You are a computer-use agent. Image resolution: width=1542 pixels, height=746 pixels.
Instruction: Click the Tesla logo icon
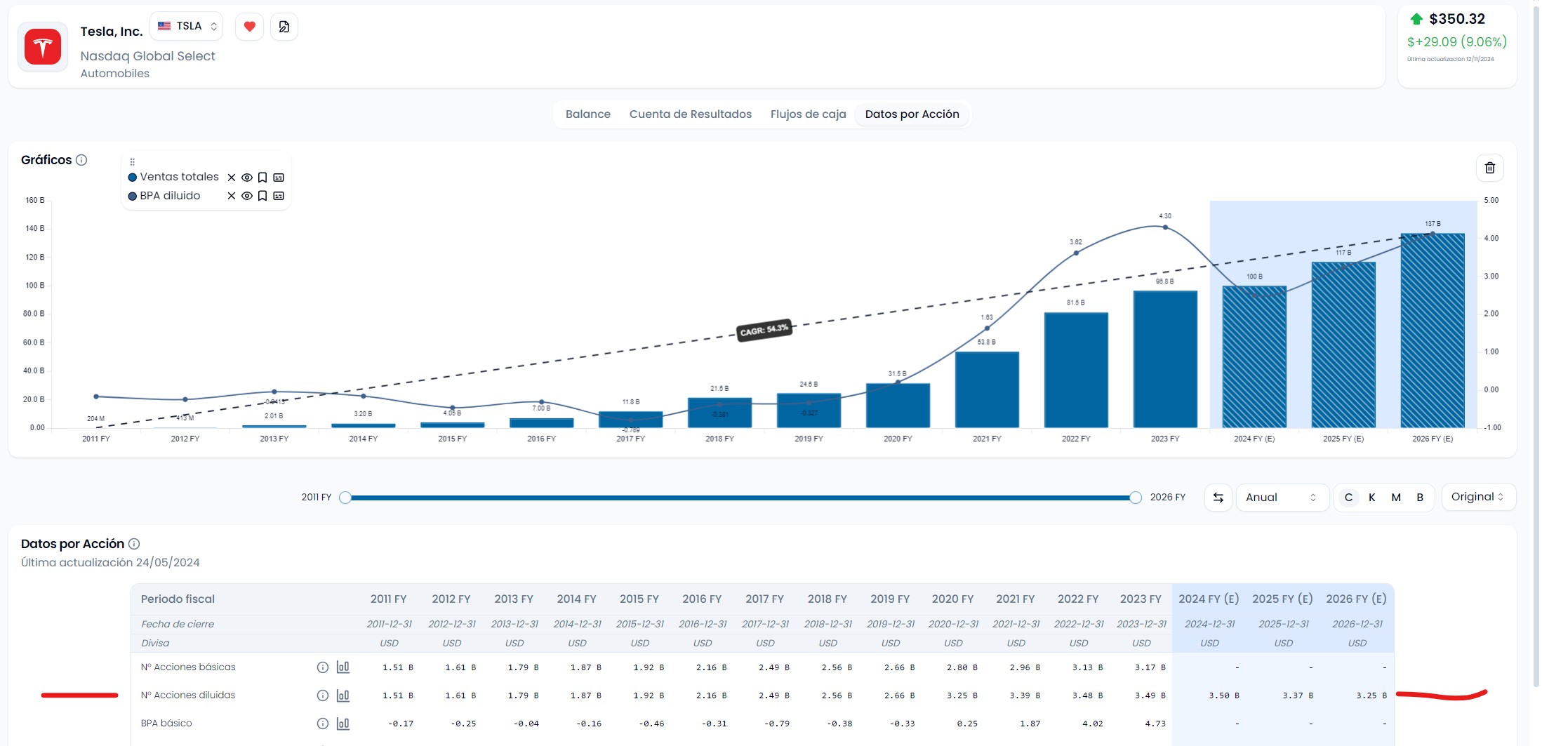click(x=43, y=47)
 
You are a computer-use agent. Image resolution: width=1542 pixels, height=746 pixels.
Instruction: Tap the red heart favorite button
click(x=249, y=27)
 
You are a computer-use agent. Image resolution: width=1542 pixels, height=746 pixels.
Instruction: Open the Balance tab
click(x=587, y=114)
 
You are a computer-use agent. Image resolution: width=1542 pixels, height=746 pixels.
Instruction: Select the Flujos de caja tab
click(x=808, y=114)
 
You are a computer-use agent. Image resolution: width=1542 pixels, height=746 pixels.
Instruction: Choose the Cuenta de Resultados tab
click(x=690, y=114)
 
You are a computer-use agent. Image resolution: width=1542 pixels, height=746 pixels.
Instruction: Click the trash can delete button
click(x=1489, y=168)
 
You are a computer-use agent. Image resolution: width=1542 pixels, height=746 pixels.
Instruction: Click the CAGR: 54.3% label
click(x=764, y=330)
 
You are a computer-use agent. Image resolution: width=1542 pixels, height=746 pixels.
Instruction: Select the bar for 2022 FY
click(x=1075, y=370)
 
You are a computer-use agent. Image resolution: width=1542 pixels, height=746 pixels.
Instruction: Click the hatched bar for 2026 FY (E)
click(x=1432, y=330)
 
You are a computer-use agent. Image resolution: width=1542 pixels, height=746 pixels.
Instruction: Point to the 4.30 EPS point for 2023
click(x=1165, y=227)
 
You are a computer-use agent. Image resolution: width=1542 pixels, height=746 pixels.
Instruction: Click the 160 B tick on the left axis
click(x=35, y=201)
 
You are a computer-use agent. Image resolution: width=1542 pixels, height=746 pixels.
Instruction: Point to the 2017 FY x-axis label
click(x=630, y=439)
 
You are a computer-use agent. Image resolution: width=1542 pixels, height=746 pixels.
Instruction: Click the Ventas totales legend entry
click(x=179, y=177)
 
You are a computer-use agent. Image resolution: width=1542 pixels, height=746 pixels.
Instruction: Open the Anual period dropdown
click(x=1281, y=498)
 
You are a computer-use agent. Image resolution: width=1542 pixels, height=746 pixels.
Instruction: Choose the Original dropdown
click(x=1477, y=497)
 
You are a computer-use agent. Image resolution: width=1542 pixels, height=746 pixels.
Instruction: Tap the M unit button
click(x=1396, y=498)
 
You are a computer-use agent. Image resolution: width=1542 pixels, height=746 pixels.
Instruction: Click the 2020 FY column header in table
click(x=952, y=599)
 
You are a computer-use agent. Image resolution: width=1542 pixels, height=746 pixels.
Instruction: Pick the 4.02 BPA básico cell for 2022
click(x=1092, y=724)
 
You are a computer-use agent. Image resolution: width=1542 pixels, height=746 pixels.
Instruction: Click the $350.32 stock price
click(x=1457, y=19)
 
